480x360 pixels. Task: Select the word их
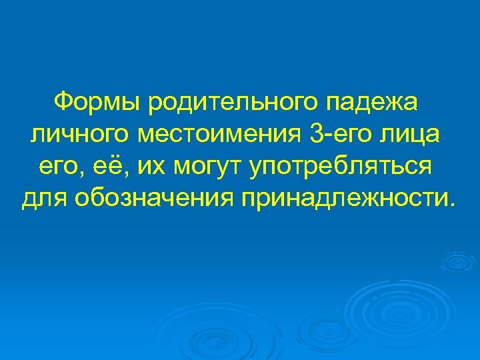click(x=151, y=167)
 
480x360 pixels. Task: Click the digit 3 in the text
click(x=316, y=134)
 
